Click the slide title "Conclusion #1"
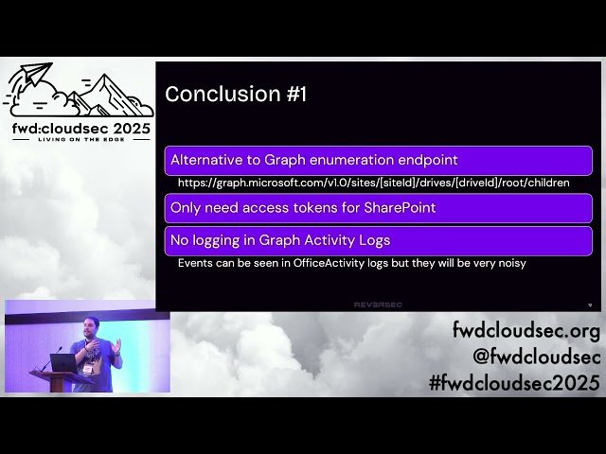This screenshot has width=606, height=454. [236, 94]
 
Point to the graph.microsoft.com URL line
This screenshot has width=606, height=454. [373, 182]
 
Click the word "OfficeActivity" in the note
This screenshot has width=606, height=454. [330, 262]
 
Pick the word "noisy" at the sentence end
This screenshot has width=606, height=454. [508, 262]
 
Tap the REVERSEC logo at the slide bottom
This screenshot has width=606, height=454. [379, 304]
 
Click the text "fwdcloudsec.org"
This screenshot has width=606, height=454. [526, 331]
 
